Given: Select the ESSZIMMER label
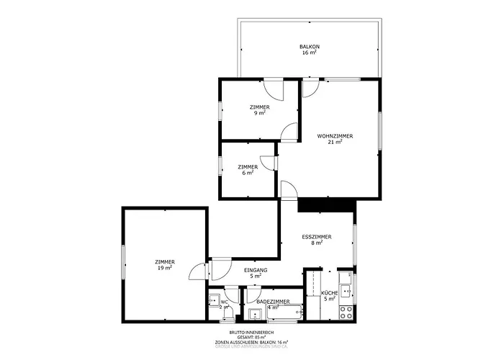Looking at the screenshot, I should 317,237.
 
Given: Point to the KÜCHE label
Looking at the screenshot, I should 329,293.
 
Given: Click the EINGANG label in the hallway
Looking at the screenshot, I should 256,270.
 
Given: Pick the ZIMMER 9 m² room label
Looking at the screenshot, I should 260,107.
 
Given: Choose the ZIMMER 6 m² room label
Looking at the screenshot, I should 248,167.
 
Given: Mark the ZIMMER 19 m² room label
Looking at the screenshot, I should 165,262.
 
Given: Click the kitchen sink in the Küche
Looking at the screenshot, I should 346,291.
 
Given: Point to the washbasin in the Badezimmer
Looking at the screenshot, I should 256,314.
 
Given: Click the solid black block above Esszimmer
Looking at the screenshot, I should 326,205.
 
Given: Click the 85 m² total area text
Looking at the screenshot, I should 251,337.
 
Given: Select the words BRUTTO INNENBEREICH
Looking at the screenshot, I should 251,332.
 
